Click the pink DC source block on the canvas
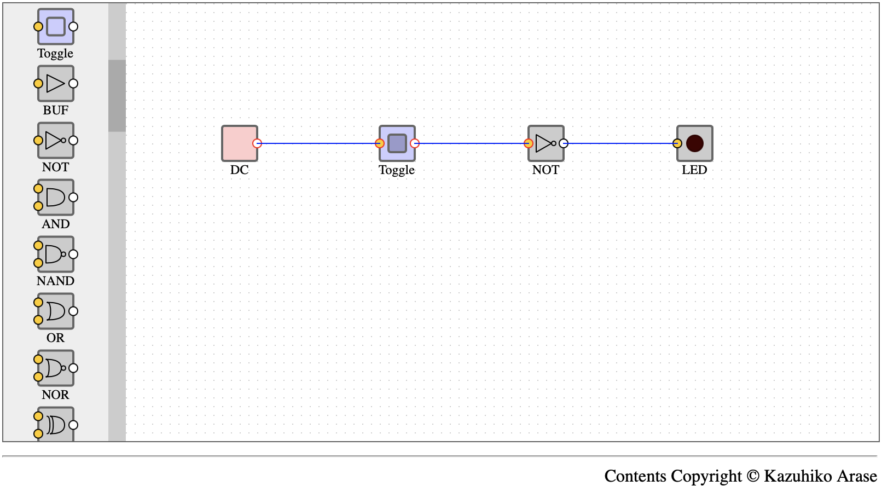[240, 143]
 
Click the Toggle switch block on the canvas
[397, 143]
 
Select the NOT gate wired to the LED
[546, 143]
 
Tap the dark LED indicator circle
[694, 143]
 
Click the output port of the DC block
[257, 143]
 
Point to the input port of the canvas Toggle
[380, 143]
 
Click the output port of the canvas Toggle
[415, 143]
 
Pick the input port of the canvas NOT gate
[529, 143]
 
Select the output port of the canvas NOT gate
[564, 143]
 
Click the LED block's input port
[677, 143]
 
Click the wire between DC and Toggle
[318, 143]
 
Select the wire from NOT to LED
[620, 143]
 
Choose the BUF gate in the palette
[55, 84]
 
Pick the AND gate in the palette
[55, 198]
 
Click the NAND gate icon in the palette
[55, 254]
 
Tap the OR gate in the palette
[55, 311]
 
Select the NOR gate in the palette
[55, 368]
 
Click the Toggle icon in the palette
[55, 27]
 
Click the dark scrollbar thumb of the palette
[117, 96]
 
